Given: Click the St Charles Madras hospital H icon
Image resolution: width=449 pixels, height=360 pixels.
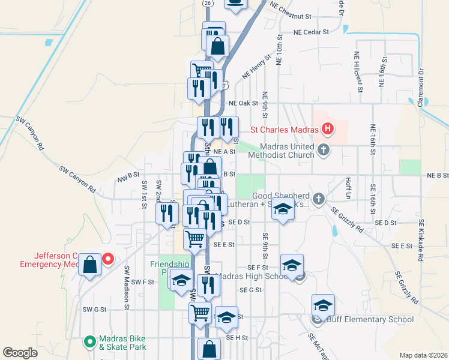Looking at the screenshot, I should pos(328,128).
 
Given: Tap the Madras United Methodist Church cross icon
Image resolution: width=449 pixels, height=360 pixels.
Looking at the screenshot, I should pos(324,149).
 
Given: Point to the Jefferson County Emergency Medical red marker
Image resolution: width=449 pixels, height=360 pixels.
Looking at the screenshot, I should pos(108,259).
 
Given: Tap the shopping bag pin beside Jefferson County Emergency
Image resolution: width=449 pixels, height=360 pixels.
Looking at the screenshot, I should pos(89,264).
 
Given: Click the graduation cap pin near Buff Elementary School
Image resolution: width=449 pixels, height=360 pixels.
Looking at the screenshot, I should pos(323,305).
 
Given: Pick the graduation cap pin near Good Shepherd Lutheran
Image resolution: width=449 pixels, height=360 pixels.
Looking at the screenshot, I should pos(283,210).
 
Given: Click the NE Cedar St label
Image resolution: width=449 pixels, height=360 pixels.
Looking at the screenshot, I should pos(311,32).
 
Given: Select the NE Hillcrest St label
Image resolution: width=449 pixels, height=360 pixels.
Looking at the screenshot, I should pos(358,71).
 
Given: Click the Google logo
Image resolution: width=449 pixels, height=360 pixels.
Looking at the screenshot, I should pos(20,353).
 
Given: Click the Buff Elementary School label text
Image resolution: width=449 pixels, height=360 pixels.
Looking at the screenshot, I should pos(370,319).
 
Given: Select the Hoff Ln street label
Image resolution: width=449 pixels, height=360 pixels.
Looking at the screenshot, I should pos(348,188).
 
